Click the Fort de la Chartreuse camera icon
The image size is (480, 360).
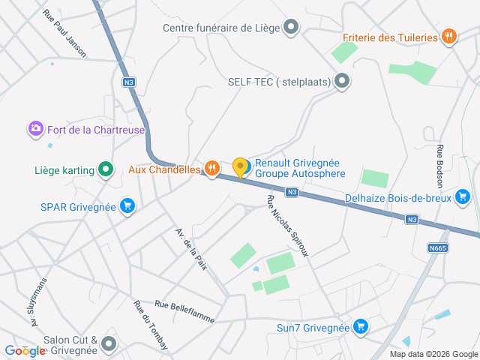35,130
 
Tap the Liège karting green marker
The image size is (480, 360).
106,170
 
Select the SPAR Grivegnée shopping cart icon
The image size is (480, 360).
127,206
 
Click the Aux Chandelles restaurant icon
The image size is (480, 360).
212,169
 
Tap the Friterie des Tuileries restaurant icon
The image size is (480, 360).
448,37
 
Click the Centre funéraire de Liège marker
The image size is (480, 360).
291,28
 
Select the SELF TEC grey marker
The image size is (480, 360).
342,82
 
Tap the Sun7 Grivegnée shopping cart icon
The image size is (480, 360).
361,327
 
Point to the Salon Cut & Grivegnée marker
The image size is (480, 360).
109,344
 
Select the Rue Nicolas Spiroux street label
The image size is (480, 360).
287,225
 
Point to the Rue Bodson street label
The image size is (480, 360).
439,166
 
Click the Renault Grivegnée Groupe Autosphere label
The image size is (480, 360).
300,168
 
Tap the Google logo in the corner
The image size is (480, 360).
25,350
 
